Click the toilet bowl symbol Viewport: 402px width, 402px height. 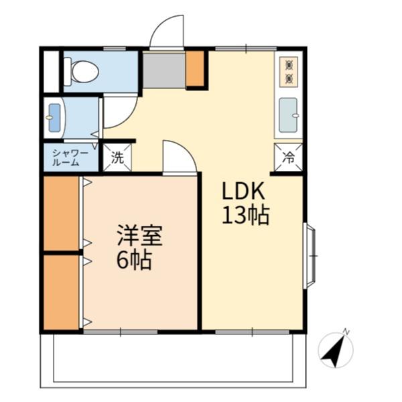[x=82, y=72]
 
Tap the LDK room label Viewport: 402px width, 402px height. [x=243, y=191]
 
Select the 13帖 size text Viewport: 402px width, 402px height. [x=246, y=215]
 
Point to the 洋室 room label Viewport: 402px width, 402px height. [x=140, y=236]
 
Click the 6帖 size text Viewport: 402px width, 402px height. [x=134, y=259]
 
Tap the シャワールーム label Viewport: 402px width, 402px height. [x=70, y=158]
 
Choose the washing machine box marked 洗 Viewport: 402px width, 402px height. [x=117, y=157]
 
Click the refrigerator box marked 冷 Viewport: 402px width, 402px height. [x=288, y=157]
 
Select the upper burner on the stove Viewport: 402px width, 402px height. [x=289, y=65]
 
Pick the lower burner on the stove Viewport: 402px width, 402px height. [x=289, y=78]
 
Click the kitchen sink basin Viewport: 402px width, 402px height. [x=288, y=115]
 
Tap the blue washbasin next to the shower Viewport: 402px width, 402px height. [x=55, y=118]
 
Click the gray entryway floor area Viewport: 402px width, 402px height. [x=164, y=70]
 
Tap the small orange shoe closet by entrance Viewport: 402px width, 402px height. [x=195, y=69]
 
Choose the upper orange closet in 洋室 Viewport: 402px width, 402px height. [x=61, y=213]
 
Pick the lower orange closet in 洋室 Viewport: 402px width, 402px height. [x=61, y=292]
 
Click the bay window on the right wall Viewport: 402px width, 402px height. [x=309, y=256]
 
